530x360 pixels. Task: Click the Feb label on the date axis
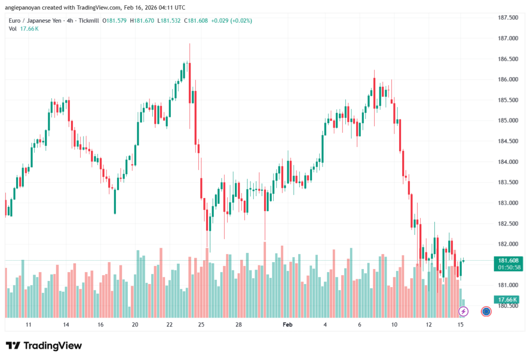click(288, 325)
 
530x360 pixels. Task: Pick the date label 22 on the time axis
click(169, 325)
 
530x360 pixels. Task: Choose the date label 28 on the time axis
click(239, 325)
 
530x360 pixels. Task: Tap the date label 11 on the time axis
click(28, 325)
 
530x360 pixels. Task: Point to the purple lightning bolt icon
click(464, 311)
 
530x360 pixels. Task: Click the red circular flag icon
click(486, 311)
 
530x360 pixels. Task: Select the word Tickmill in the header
click(89, 21)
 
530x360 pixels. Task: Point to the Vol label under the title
click(12, 28)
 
